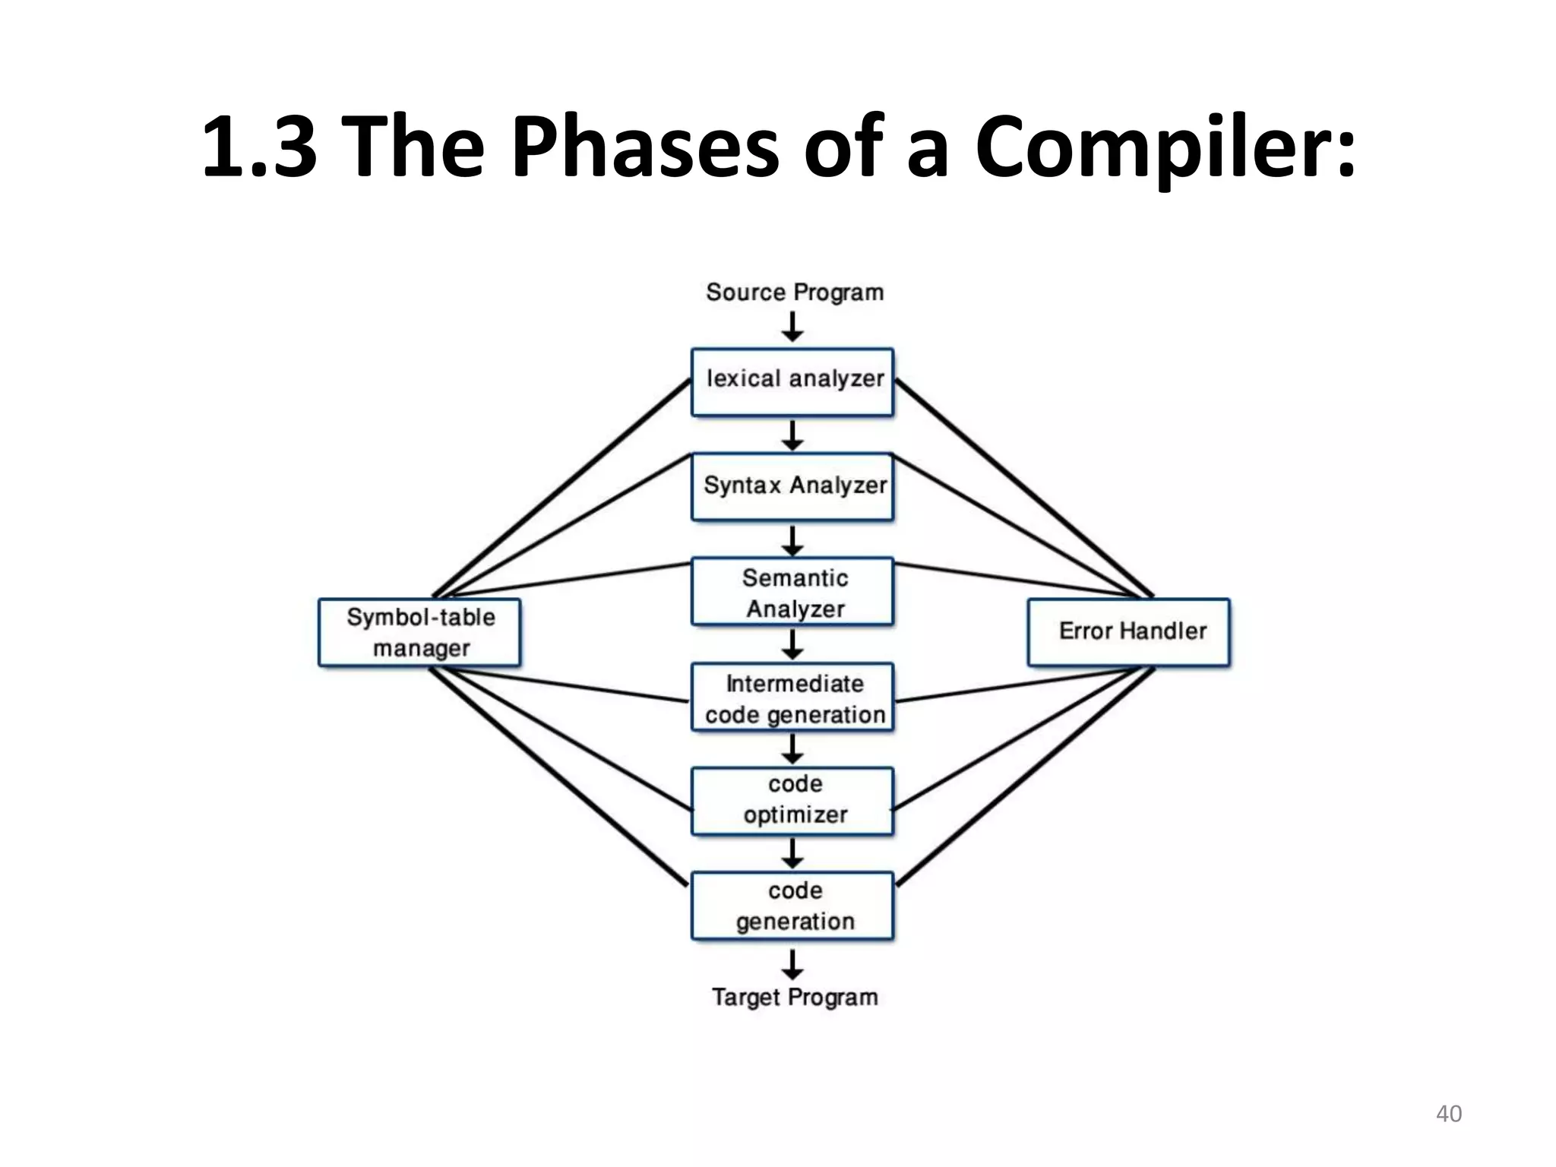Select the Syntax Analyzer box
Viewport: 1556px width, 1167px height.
coord(792,486)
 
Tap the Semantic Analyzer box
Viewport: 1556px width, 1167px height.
coord(792,592)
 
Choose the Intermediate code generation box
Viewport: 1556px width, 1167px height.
coord(792,697)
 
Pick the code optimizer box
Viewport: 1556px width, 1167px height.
coord(792,801)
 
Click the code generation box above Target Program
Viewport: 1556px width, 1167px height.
coord(792,906)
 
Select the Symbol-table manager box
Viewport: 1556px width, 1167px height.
coord(419,632)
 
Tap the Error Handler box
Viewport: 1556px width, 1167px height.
coord(1128,632)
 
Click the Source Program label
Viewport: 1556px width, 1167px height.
coord(794,293)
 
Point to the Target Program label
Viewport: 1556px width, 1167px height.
coord(794,997)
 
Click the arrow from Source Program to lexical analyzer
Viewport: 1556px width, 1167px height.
coord(792,327)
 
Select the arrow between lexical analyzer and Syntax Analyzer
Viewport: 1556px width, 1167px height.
coord(792,435)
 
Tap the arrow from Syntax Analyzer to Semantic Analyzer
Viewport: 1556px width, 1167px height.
coord(792,540)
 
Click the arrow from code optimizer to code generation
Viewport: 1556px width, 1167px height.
coord(792,853)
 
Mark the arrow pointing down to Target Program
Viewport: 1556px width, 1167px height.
coord(792,963)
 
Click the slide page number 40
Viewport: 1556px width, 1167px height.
coord(1448,1114)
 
